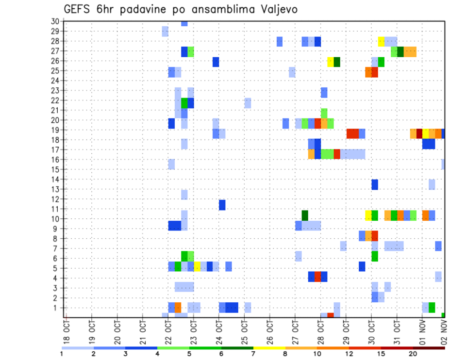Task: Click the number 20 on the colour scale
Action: (413, 354)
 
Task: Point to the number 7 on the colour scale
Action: (253, 354)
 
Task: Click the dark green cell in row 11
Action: (305, 215)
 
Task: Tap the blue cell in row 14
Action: (375, 184)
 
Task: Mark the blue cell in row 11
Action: (222, 205)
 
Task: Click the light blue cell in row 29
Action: (165, 32)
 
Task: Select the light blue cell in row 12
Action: (184, 195)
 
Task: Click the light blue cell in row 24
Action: (292, 72)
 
